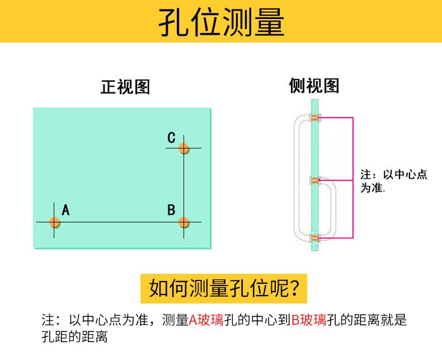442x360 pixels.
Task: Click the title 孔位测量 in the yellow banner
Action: click(221, 22)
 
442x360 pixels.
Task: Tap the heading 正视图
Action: click(125, 87)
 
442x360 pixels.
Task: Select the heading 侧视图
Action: click(314, 86)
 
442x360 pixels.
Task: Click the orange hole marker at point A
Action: click(54, 222)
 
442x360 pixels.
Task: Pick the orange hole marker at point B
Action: click(184, 222)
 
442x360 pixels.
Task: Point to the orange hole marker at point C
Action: click(184, 148)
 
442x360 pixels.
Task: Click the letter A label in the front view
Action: click(65, 210)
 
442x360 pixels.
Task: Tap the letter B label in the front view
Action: click(171, 210)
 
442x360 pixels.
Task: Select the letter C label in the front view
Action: click(171, 137)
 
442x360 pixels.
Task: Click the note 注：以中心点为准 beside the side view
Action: click(393, 181)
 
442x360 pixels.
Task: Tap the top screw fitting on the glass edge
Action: click(316, 118)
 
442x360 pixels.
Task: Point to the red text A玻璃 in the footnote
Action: click(206, 321)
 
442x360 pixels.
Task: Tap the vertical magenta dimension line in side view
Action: click(353, 177)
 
